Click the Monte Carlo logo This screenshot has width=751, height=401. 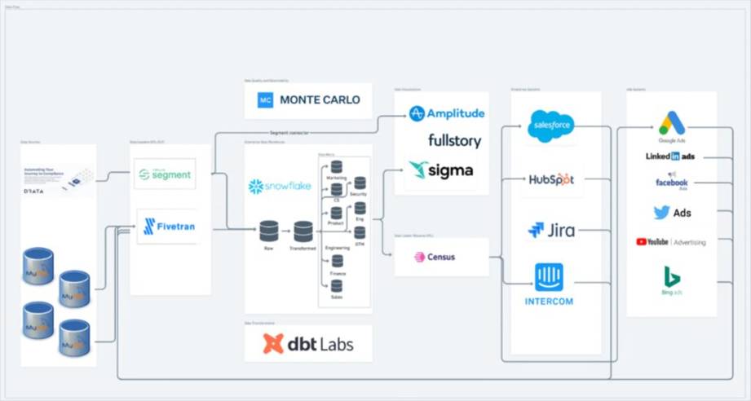pos(308,100)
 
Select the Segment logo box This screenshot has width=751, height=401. pos(165,174)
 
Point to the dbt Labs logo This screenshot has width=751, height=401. pos(308,344)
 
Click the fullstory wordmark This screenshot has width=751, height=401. pos(454,140)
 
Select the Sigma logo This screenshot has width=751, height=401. pos(441,170)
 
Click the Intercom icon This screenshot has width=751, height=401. pos(549,277)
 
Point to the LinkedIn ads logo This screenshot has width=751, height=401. pos(670,156)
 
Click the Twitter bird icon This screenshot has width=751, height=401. pos(661,213)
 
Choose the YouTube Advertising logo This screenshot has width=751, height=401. pos(670,242)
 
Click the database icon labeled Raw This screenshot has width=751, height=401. pos(269,231)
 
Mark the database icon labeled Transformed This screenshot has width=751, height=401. pos(303,231)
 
